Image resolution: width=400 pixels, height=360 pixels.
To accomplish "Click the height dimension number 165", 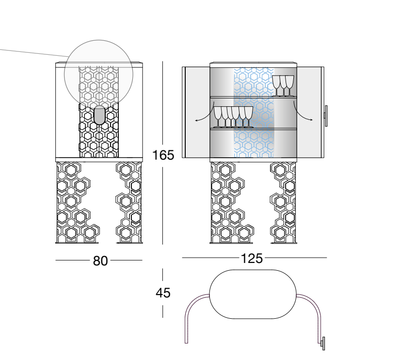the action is click(163, 155).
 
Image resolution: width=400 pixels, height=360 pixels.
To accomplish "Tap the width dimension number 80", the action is click(100, 261).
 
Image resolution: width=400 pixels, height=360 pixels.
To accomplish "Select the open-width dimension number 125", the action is click(252, 259).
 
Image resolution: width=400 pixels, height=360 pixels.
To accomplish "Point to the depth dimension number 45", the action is click(163, 293).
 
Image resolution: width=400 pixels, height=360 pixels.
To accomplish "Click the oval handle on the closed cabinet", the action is click(99, 115).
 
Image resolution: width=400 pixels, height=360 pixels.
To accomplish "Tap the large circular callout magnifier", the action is click(98, 74).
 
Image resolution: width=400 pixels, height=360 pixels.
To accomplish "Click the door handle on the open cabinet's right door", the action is click(326, 115).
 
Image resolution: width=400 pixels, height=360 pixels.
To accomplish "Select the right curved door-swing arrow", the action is click(303, 113).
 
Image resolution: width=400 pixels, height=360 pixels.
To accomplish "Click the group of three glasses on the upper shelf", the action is click(283, 86).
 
